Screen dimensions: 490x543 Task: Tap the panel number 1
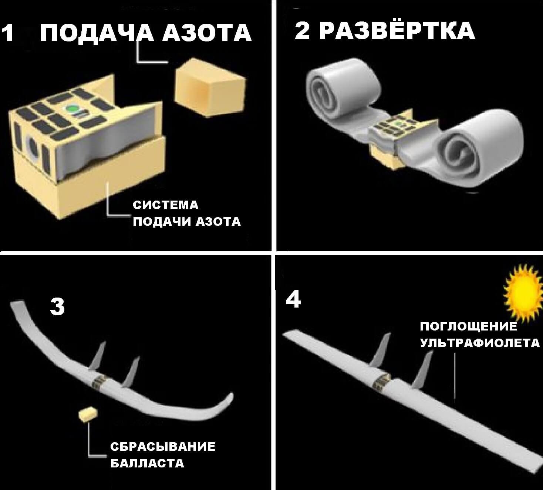tap(8, 33)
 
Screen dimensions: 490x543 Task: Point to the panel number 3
tap(57, 306)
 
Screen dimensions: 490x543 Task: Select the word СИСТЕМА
tap(165, 205)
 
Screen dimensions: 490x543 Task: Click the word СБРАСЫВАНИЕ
tap(162, 446)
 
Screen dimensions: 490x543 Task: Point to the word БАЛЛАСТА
tap(147, 463)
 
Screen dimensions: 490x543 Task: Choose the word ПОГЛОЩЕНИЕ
tap(469, 326)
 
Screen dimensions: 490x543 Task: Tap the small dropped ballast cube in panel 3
tap(87, 414)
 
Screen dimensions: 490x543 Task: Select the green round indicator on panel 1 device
tap(72, 109)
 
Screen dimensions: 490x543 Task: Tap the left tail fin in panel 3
tap(98, 356)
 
